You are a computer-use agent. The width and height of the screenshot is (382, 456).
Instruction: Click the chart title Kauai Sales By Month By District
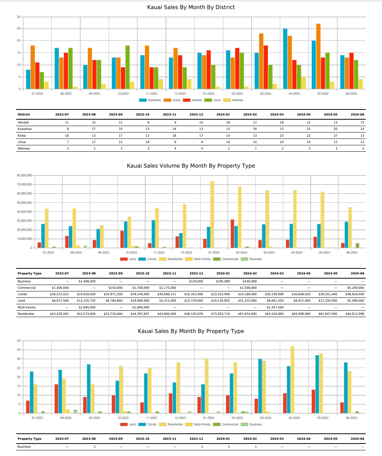pos(191,7)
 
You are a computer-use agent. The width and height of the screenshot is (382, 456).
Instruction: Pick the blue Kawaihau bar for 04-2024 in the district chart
pos(285,59)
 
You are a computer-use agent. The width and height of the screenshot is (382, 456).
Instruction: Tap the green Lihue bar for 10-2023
pos(127,67)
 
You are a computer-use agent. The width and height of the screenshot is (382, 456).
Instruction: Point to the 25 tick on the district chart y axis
pos(18,29)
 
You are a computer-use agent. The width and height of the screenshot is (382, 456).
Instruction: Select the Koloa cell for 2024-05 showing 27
pos(335,136)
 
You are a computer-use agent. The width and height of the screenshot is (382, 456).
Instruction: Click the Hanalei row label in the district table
pos(23,122)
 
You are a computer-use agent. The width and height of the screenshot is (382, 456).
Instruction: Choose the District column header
pos(24,114)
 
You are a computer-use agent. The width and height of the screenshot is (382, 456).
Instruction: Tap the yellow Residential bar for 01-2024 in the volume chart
pos(212,214)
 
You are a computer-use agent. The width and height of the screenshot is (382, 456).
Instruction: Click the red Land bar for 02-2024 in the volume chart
pos(232,234)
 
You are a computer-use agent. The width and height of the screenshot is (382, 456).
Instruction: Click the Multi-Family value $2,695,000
pos(87,307)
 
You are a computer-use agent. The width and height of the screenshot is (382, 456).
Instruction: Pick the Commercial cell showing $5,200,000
pos(356,288)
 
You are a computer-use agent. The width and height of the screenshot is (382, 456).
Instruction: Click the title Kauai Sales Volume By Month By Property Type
pos(191,166)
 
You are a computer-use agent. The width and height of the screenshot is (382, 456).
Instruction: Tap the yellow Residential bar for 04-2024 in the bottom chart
pos(292,380)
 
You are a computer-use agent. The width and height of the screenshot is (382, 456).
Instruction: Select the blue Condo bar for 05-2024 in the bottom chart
pos(317,384)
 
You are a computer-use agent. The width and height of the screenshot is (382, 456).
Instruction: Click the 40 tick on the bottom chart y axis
pos(18,341)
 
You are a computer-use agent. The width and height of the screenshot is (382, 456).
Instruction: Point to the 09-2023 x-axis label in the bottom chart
pos(94,418)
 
